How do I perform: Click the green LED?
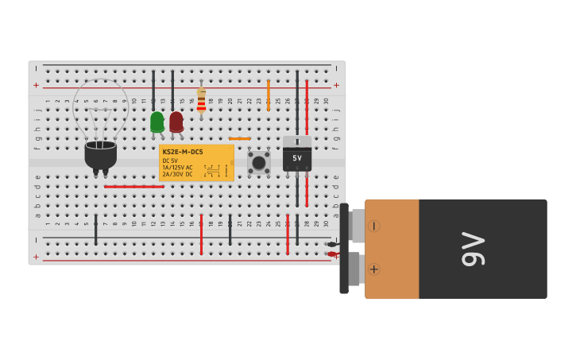157,122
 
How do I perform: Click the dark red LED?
176,122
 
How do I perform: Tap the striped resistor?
201,100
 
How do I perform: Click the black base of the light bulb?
101,155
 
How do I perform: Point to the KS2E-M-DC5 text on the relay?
183,152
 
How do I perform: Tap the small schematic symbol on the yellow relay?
213,170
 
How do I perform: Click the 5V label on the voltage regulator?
297,158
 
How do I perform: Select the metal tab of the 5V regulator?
297,141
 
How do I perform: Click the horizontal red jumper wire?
133,187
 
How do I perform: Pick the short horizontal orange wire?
239,138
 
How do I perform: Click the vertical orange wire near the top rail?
269,94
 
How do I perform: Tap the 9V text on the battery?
473,249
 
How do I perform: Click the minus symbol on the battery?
373,226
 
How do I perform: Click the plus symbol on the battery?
373,269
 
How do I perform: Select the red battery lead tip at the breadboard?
331,254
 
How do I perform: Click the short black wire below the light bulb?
96,229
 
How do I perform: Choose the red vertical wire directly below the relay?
201,234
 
